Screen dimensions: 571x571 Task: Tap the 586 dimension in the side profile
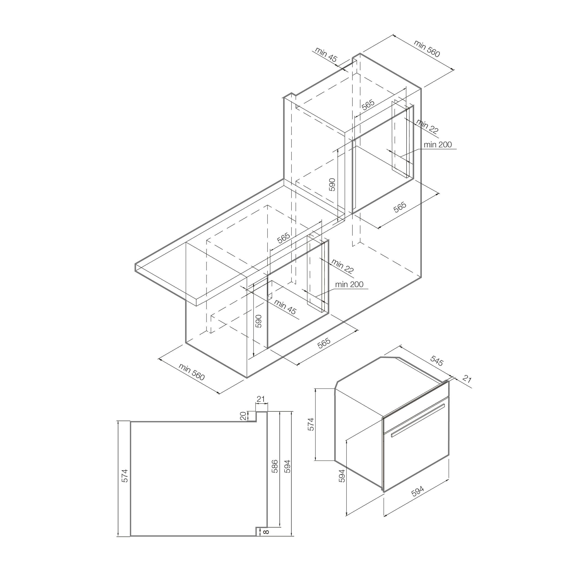click(275, 466)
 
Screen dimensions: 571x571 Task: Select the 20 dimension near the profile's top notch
click(243, 416)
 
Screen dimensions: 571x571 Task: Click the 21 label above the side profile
click(261, 399)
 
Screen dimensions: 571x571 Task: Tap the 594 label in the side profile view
click(287, 466)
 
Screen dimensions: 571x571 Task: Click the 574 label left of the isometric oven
click(311, 424)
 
